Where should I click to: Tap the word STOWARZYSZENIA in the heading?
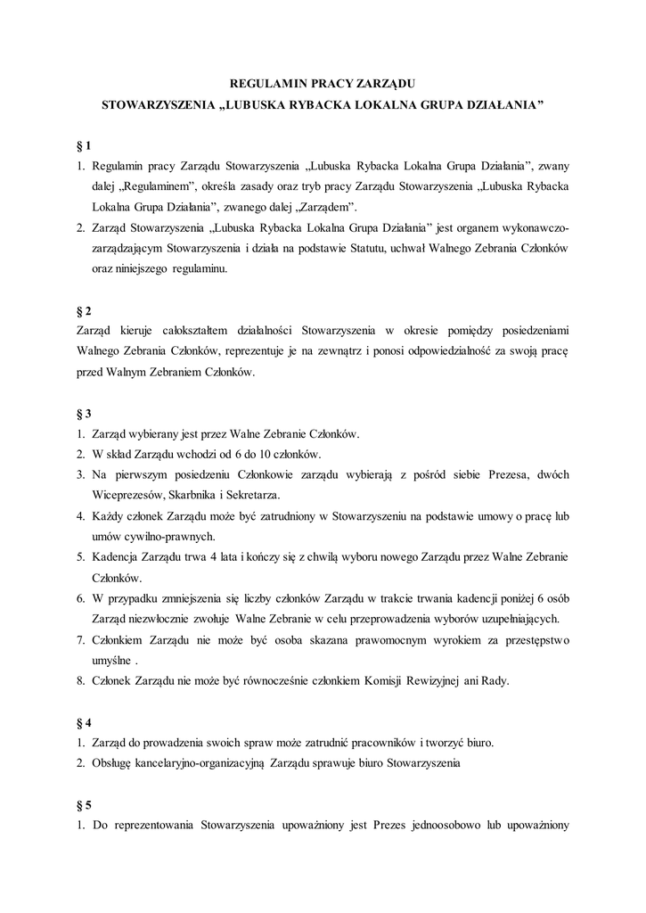pyautogui.click(x=158, y=105)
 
